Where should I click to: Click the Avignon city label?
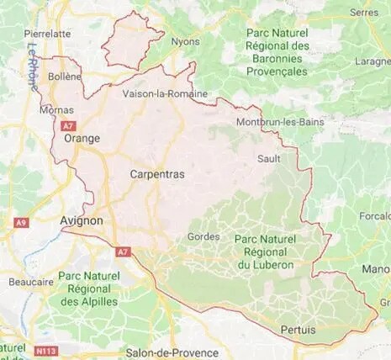[82, 220]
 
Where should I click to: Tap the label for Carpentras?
[157, 173]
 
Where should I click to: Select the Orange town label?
[82, 139]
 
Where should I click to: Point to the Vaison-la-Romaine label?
[164, 94]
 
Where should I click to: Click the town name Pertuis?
[299, 330]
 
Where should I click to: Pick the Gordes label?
[203, 236]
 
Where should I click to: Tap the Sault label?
[268, 158]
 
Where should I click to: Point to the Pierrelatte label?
[49, 33]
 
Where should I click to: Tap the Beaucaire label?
[26, 283]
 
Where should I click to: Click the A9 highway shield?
[21, 222]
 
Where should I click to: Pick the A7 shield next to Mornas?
[69, 124]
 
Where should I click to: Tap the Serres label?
[363, 13]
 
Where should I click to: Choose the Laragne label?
[373, 61]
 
